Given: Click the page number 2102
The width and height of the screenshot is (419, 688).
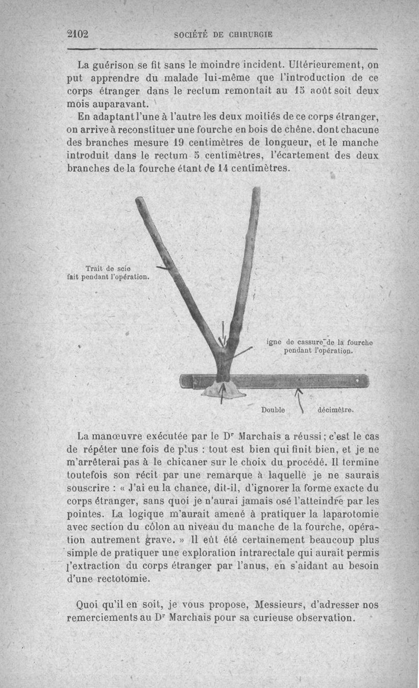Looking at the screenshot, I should [78, 34].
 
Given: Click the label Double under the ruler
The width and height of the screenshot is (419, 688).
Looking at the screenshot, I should [273, 410].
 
